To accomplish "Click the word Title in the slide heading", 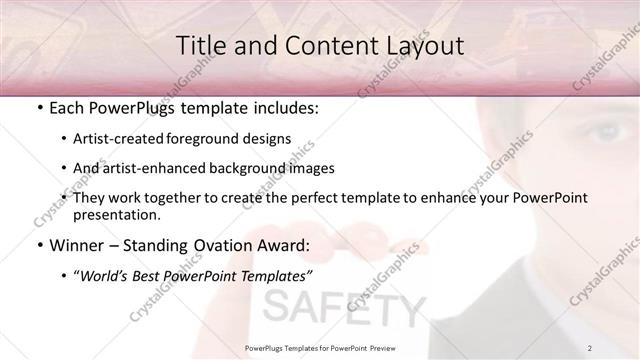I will (x=198, y=45).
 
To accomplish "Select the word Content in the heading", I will (x=324, y=45).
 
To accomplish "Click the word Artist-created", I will (x=133, y=139).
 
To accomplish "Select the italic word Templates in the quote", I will (x=277, y=274).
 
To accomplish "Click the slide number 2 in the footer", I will (x=590, y=347).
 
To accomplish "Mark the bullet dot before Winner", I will (x=38, y=244).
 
